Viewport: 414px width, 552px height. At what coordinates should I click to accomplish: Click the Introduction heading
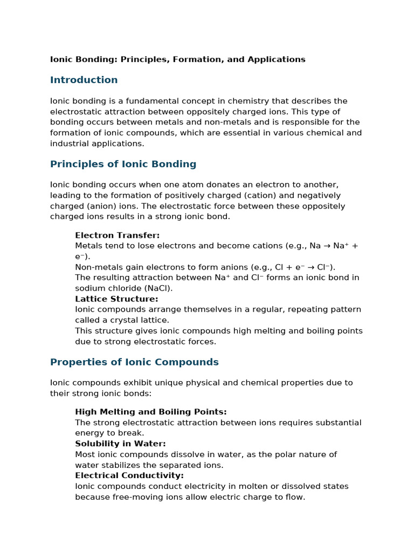pos(84,80)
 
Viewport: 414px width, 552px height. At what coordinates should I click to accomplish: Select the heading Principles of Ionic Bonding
pos(123,164)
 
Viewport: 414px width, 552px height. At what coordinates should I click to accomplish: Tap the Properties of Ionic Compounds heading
pos(134,362)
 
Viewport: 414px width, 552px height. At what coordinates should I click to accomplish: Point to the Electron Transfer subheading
pos(117,236)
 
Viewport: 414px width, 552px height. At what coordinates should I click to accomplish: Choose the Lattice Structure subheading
pos(116,299)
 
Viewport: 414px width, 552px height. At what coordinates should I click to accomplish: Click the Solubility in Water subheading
pos(120,444)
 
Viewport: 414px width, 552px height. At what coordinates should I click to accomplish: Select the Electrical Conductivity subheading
pos(129,475)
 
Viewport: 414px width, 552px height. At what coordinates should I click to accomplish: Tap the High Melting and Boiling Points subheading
pos(151,412)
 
